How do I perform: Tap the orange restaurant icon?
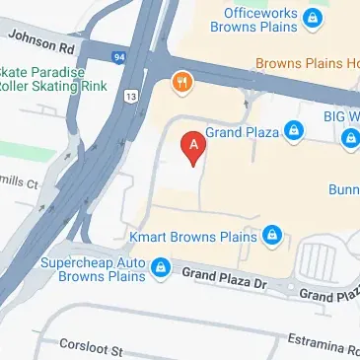click(181, 82)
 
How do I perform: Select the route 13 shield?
click(131, 95)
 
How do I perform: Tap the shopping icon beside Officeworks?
click(313, 18)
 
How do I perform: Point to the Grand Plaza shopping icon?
click(293, 129)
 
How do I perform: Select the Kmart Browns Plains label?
click(193, 237)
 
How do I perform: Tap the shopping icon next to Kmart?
click(272, 236)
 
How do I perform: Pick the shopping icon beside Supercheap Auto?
click(158, 267)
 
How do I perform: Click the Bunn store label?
click(341, 187)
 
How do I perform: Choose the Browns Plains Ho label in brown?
click(307, 65)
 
